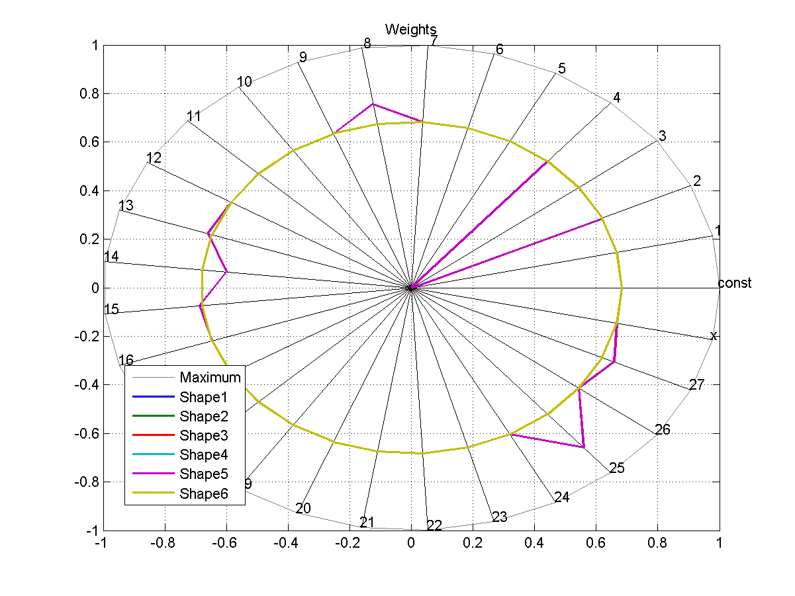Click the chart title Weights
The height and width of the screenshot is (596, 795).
pos(410,29)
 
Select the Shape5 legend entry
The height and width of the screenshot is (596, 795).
pos(203,474)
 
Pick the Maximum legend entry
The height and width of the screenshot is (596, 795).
pos(210,378)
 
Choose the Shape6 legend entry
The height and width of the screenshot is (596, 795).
pos(203,493)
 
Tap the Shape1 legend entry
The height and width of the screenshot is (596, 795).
pos(203,397)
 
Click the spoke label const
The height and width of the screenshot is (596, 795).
pos(735,283)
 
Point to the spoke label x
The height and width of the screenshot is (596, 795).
pos(714,335)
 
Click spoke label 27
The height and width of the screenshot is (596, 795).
pos(696,384)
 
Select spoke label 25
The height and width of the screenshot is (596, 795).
pos(617,468)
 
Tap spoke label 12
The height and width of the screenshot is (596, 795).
pos(154,158)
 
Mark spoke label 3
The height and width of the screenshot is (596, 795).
pos(662,136)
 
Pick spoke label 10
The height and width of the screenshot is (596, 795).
pos(244,82)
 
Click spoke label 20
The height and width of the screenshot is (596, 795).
pos(303,509)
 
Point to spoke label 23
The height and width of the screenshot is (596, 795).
pos(500,517)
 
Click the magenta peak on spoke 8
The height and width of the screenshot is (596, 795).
pos(373,104)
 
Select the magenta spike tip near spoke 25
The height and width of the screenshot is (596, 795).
pos(583,448)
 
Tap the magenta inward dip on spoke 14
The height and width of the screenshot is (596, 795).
pos(226,272)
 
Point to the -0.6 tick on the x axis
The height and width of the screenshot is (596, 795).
pos(226,543)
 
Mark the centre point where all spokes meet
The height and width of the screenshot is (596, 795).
pos(411,288)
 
